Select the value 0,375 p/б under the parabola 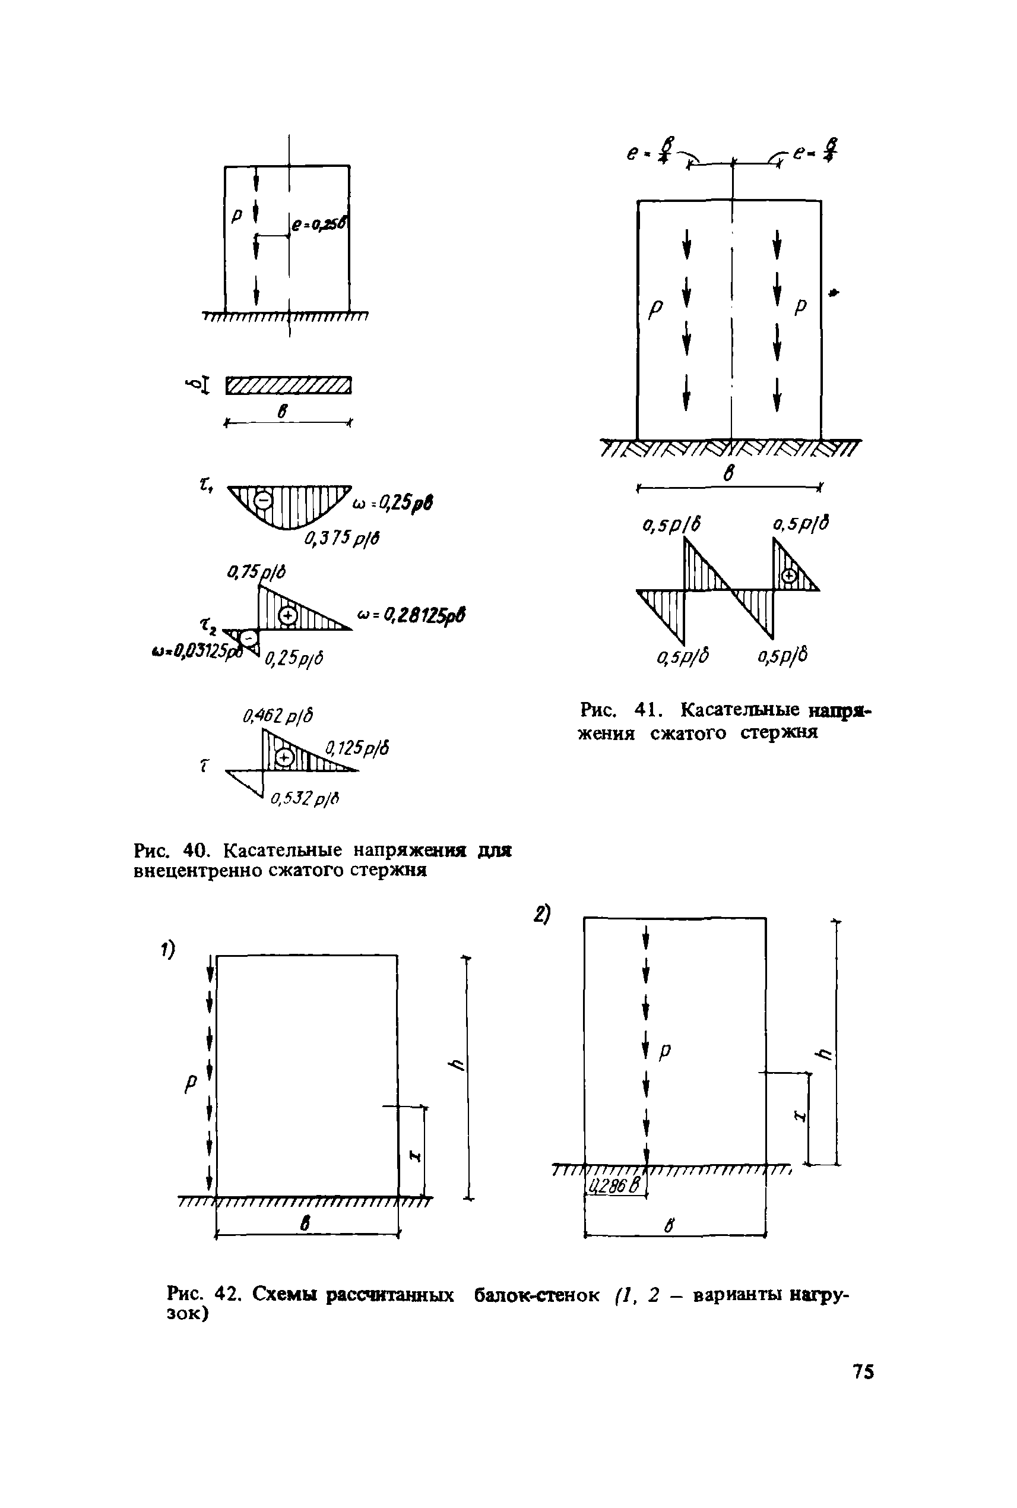[342, 538]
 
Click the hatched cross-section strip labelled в [289, 385]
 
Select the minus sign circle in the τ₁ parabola [262, 500]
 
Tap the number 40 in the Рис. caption [195, 850]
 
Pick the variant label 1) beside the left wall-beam [169, 950]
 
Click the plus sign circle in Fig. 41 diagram [788, 576]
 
